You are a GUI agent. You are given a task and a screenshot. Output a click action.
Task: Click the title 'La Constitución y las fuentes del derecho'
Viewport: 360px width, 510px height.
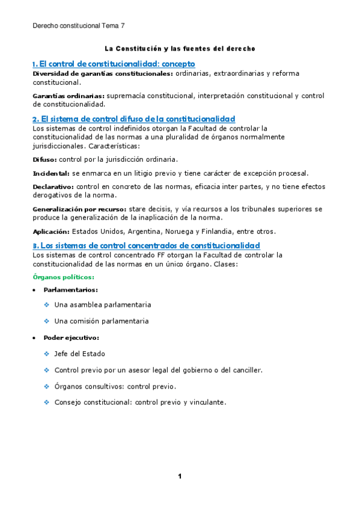(x=180, y=48)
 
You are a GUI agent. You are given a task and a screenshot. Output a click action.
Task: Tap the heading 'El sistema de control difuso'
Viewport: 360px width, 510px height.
(x=133, y=118)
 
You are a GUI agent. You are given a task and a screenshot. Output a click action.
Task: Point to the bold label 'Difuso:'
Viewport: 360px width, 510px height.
(x=44, y=159)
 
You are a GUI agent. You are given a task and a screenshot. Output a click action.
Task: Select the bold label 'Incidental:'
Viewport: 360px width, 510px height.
(x=51, y=173)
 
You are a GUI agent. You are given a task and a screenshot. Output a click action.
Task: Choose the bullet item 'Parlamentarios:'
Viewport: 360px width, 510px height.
(x=70, y=290)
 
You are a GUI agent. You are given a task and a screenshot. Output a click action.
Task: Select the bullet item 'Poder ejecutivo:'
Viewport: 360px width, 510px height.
(x=72, y=337)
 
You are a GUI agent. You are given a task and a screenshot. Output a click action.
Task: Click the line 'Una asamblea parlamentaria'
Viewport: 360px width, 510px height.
(x=102, y=305)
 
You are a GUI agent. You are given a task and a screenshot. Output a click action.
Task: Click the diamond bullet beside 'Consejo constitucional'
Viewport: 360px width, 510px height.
(x=46, y=402)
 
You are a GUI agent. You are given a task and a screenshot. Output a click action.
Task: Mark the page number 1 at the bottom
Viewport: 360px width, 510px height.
(x=179, y=476)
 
